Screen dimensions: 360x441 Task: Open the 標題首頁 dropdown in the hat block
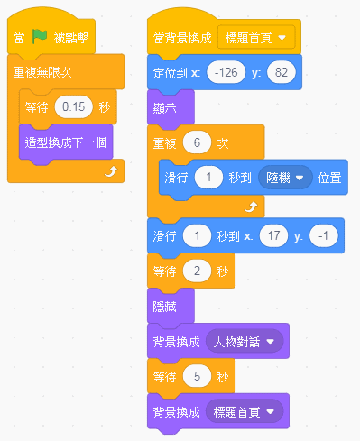(257, 38)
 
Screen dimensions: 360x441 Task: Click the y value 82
(282, 72)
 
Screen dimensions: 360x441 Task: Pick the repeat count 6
(196, 142)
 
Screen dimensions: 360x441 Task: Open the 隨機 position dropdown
(284, 178)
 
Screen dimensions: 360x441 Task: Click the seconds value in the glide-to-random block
(208, 178)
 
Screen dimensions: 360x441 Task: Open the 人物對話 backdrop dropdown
(245, 341)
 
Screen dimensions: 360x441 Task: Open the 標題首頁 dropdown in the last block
(245, 412)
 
